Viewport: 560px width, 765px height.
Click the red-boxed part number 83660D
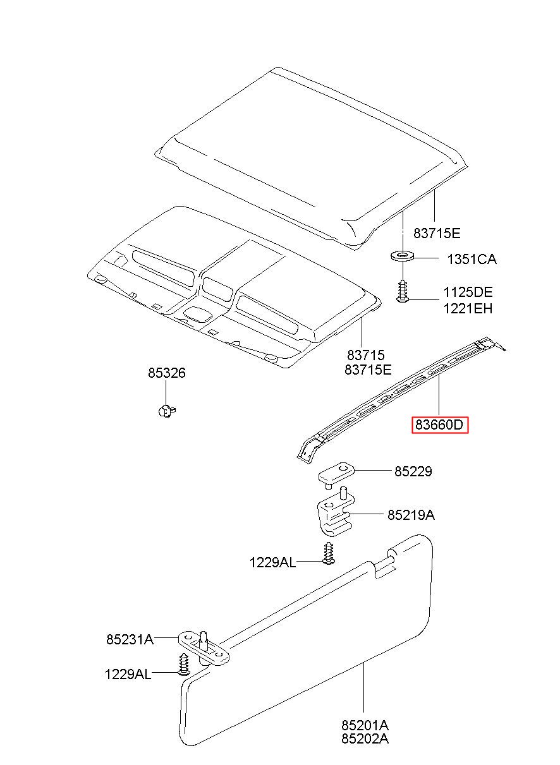(x=440, y=425)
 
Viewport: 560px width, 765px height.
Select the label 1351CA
(x=472, y=259)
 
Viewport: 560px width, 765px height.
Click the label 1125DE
(x=467, y=292)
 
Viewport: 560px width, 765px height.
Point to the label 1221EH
(x=467, y=308)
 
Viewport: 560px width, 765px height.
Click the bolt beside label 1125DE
(x=403, y=291)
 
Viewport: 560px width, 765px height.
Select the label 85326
(x=167, y=373)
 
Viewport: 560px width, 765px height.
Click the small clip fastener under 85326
(x=166, y=411)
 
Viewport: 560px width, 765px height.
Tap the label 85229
(x=413, y=471)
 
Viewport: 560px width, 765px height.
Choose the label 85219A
(x=411, y=515)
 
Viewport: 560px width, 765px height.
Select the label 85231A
(x=130, y=639)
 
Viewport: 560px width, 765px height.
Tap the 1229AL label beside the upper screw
(x=272, y=562)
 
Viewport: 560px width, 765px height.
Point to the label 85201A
(x=365, y=725)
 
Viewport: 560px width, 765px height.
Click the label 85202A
(x=365, y=738)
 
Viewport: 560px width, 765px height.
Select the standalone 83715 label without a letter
(x=365, y=356)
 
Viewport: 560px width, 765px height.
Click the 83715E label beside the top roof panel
(x=437, y=233)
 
